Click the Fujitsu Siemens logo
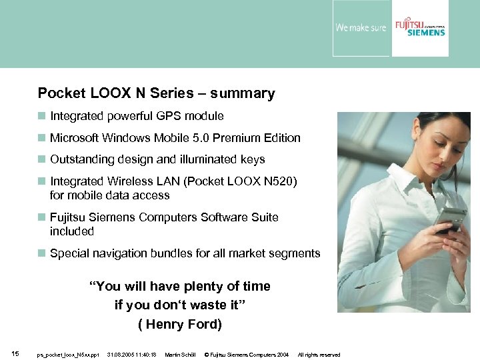[419, 27]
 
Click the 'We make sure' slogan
[361, 28]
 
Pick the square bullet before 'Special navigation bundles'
[42, 253]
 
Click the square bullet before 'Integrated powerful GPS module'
[42, 116]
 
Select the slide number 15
[15, 353]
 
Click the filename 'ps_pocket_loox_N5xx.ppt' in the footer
[68, 355]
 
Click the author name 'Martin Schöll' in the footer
[180, 355]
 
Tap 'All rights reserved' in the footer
[319, 355]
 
